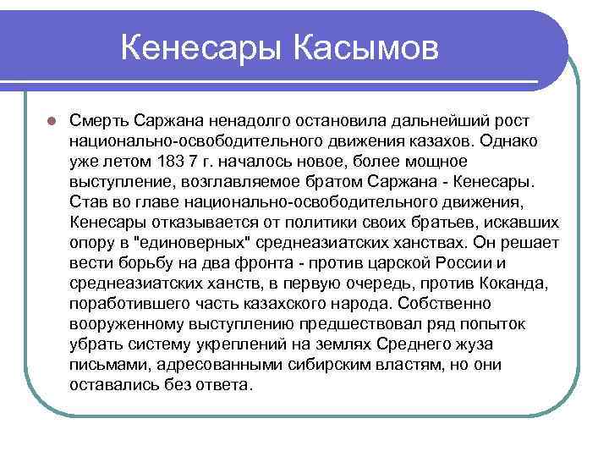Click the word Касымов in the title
click(367, 48)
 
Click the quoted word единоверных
click(189, 242)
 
